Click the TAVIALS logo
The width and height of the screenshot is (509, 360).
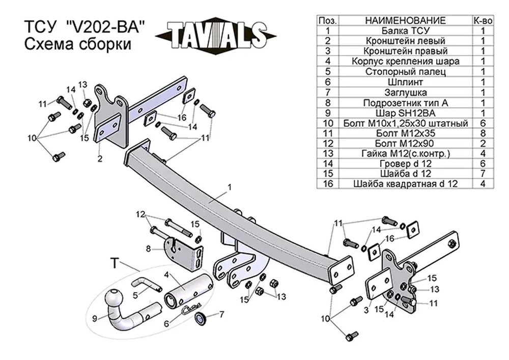[215, 35]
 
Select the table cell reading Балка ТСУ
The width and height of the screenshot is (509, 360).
[406, 31]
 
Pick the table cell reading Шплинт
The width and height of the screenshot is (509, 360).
[406, 82]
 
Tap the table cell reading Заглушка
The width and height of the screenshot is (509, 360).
[406, 93]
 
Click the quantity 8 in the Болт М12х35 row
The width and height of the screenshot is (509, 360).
[483, 133]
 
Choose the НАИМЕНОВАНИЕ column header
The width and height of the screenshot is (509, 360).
[406, 20]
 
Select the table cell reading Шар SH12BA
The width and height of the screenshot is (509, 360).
[406, 113]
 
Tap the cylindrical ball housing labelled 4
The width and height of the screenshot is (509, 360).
[188, 290]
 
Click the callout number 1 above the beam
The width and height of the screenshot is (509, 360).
[230, 187]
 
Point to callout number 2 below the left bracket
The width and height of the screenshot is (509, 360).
[100, 158]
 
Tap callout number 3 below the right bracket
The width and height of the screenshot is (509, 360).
[366, 310]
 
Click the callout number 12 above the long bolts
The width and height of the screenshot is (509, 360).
[140, 214]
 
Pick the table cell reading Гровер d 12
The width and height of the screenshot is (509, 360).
[406, 163]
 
